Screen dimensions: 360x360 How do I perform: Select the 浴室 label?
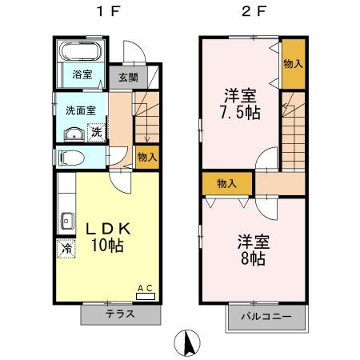point(82,75)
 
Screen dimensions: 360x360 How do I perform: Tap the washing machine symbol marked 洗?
point(95,132)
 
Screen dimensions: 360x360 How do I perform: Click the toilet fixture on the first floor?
point(70,158)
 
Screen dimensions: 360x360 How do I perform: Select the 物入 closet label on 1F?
point(146,158)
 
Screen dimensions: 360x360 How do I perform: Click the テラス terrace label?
point(119,314)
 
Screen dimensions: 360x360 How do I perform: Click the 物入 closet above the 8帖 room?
point(227,183)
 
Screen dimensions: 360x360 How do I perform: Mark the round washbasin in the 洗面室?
point(70,133)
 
